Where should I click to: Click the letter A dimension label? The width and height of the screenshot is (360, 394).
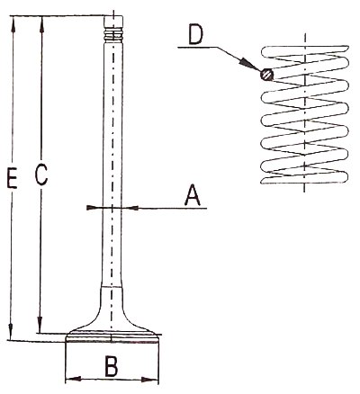point(193,195)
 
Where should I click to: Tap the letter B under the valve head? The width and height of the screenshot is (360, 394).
point(112,366)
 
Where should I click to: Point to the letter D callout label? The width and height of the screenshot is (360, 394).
point(196,35)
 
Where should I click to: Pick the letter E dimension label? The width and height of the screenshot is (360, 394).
point(12,179)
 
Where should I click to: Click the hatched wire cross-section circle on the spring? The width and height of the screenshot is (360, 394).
point(266,74)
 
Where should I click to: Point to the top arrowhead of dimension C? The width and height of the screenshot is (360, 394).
point(42,24)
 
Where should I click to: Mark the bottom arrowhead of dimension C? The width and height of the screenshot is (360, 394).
point(40,325)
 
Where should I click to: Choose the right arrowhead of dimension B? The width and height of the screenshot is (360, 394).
point(150,380)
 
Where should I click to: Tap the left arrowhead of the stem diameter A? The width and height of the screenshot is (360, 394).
point(94,208)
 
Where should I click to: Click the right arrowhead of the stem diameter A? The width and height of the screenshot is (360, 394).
point(130,208)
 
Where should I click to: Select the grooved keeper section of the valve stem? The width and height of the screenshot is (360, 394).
point(113,35)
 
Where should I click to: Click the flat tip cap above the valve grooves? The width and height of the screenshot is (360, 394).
point(113,22)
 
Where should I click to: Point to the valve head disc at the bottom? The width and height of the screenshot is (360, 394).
point(112,336)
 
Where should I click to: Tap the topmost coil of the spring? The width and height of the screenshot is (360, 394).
point(305,52)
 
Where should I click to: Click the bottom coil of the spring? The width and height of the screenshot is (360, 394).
point(304,179)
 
